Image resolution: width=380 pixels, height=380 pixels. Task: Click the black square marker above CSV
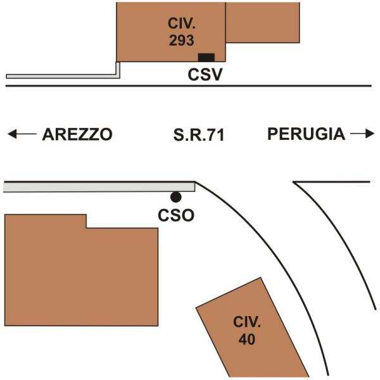tap(206, 58)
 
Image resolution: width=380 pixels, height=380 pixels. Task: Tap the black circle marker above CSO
tap(175, 197)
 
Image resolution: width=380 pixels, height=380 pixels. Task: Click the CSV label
tap(205, 75)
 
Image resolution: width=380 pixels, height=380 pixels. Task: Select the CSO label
tap(176, 215)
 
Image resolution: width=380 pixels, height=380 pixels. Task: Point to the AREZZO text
tap(77, 134)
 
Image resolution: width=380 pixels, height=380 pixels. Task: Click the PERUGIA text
tap(307, 134)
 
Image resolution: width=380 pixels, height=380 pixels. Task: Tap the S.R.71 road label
tap(199, 135)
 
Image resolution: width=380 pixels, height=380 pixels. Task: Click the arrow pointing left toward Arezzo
tap(22, 134)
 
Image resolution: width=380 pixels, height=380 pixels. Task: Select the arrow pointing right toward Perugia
tap(362, 134)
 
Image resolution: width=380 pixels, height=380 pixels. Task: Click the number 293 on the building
tap(182, 41)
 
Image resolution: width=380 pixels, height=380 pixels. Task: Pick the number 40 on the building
tap(247, 339)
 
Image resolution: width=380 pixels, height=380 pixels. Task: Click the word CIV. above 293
tap(182, 23)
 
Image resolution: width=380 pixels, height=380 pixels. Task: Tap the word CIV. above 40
tap(247, 322)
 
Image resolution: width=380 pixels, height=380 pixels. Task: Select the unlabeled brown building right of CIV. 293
tap(263, 23)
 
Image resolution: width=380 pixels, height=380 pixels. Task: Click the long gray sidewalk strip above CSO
tap(99, 187)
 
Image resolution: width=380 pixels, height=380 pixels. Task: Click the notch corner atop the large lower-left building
tap(87, 228)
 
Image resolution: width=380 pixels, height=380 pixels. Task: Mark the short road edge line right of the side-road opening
tap(331, 182)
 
